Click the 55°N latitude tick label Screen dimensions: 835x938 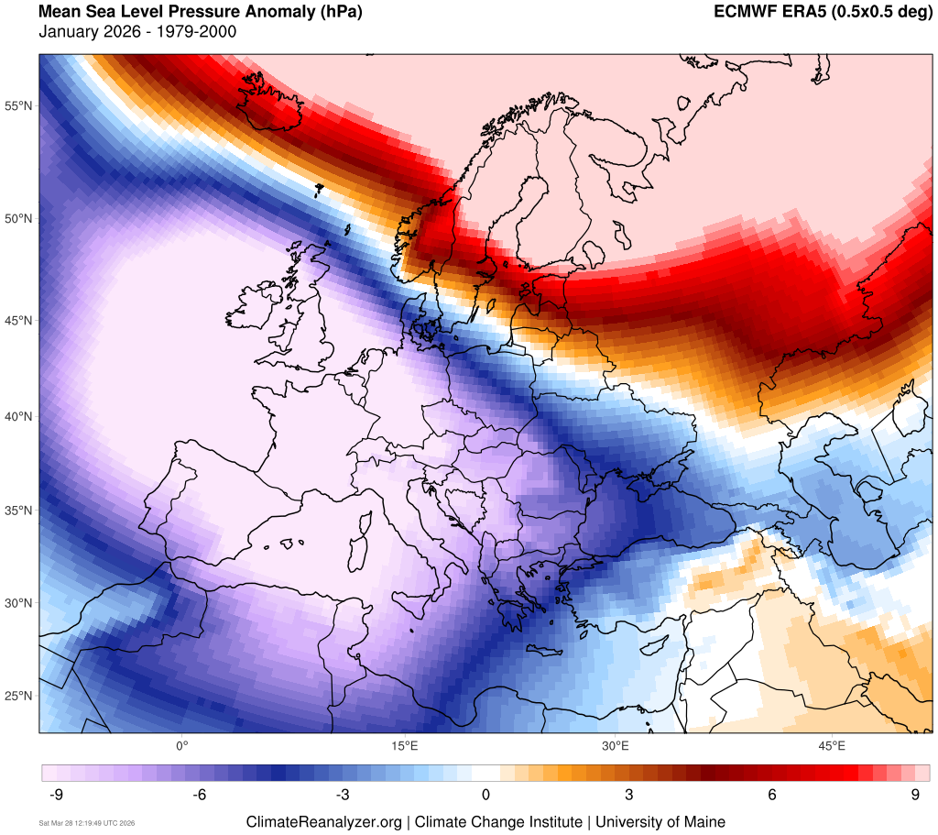point(19,105)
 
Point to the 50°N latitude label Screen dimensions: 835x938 point(19,219)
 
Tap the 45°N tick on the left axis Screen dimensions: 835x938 point(19,321)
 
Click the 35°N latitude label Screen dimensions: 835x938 point(19,511)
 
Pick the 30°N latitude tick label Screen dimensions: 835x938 point(19,603)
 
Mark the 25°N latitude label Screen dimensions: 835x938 point(19,697)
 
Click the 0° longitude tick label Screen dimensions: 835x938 point(181,744)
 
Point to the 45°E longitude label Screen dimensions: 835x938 point(832,744)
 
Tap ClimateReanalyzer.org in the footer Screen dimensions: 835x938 point(323,822)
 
